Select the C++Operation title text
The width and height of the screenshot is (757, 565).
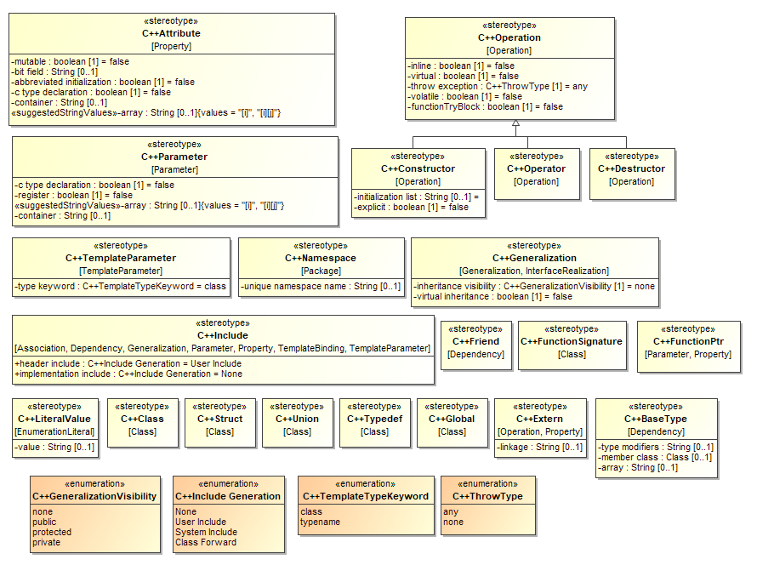[x=509, y=37]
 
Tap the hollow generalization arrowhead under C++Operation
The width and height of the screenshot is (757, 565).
[x=515, y=123]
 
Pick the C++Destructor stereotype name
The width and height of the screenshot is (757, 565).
[x=632, y=168]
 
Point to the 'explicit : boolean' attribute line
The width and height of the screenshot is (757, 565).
[x=411, y=207]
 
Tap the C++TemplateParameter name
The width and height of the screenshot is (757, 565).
[x=121, y=258]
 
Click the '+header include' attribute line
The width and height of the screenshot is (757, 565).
[x=128, y=363]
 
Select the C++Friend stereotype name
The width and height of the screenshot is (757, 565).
[x=476, y=341]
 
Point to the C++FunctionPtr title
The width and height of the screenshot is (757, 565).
[x=688, y=341]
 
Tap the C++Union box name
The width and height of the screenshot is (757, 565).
[x=297, y=419]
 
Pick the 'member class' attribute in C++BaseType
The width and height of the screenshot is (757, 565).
[x=656, y=457]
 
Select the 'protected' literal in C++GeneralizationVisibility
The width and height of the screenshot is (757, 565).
[x=52, y=532]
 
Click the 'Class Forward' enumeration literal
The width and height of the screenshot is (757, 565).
[x=206, y=542]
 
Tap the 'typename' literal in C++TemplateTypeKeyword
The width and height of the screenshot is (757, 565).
[x=322, y=522]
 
